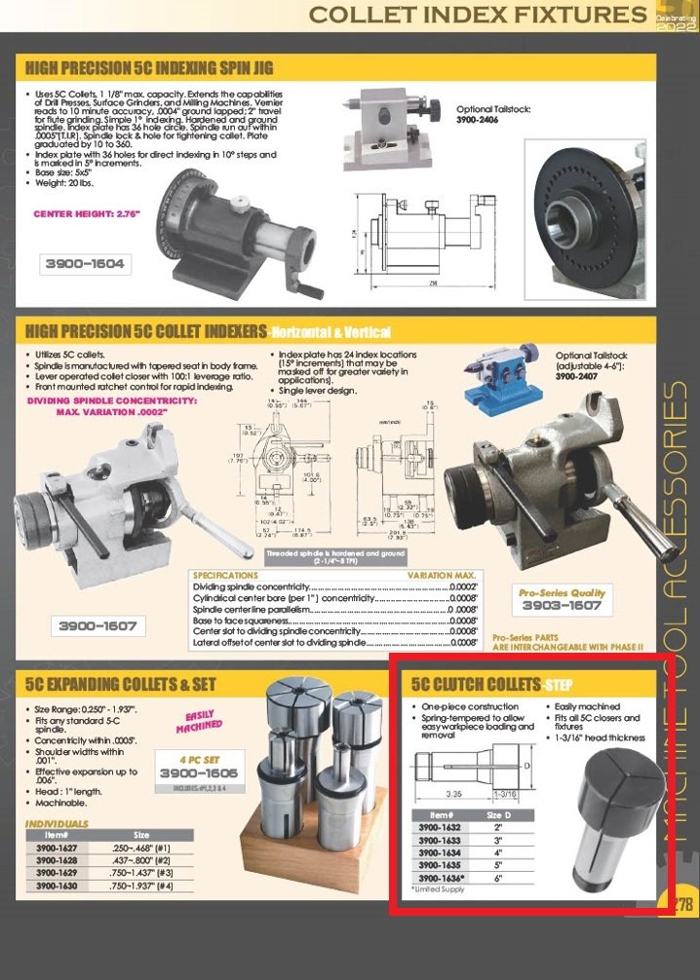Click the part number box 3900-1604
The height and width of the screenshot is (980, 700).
coord(86,263)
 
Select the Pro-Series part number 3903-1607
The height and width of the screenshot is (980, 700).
coord(562,606)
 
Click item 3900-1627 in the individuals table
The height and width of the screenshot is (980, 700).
coord(57,848)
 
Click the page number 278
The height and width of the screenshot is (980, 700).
coord(681,903)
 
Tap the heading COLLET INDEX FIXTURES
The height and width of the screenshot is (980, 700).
coord(477,15)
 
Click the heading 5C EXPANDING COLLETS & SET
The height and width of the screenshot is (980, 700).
coord(121,684)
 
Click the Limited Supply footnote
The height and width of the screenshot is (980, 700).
coord(438,889)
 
